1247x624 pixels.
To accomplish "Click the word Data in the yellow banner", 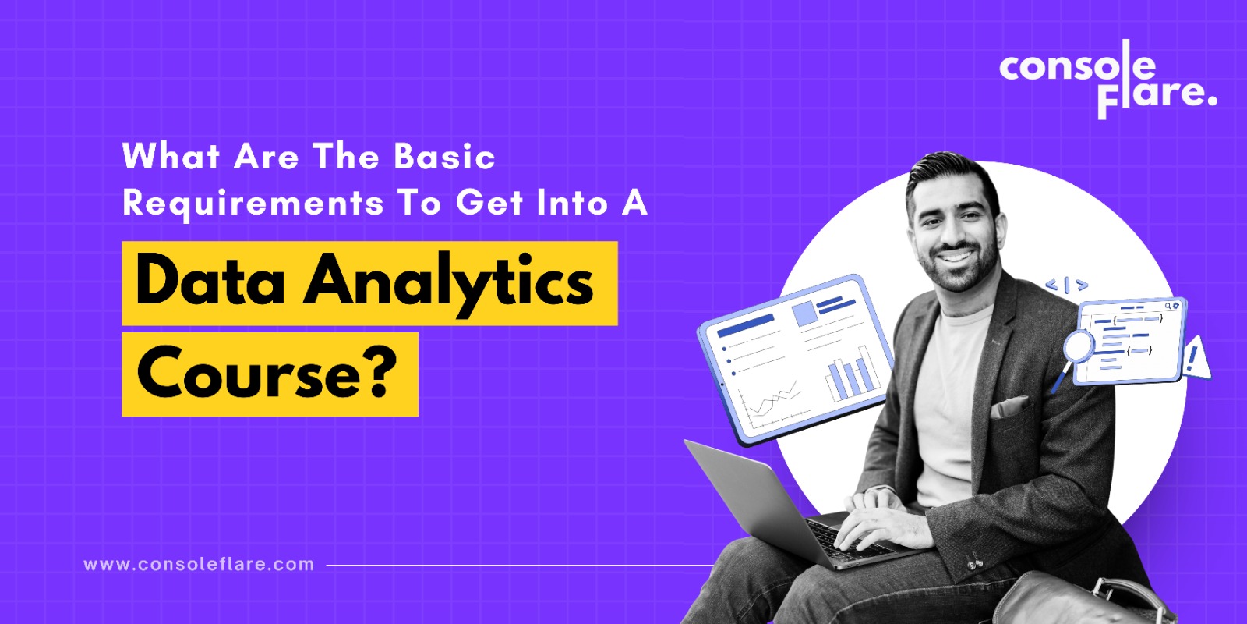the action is tap(210, 280).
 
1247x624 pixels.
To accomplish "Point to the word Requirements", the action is tap(253, 204).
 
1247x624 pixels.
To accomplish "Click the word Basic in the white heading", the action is tap(444, 157).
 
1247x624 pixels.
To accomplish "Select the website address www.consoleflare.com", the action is tap(199, 565).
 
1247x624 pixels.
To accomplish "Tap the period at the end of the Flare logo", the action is tap(1212, 101).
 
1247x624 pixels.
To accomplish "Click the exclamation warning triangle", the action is tap(1195, 359).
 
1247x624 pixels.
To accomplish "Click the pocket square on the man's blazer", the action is tap(1009, 406).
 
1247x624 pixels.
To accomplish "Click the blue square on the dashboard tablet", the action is tap(805, 313).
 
